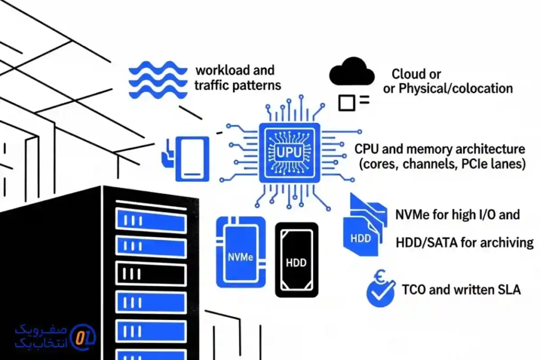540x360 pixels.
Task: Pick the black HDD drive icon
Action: [297, 259]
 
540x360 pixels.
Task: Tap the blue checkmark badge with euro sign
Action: [381, 290]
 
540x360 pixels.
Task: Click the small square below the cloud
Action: [346, 102]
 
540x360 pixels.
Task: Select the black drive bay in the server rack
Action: [150, 273]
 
